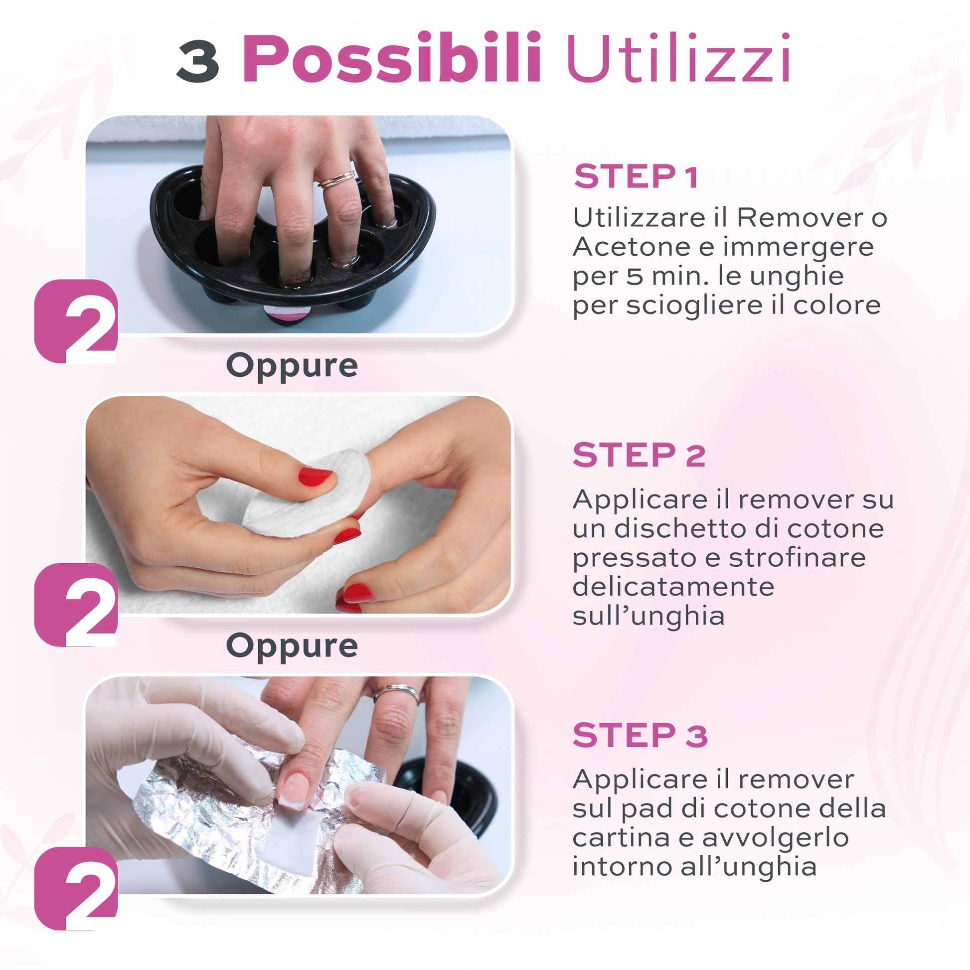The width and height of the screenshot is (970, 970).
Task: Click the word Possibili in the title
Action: click(x=392, y=58)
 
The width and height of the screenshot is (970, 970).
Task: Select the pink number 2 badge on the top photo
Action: click(x=76, y=322)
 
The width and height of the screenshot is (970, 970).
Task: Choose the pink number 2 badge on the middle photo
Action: click(x=76, y=605)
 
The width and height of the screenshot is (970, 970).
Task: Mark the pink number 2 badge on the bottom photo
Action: click(x=76, y=888)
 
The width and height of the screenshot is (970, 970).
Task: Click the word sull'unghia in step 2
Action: click(x=648, y=616)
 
